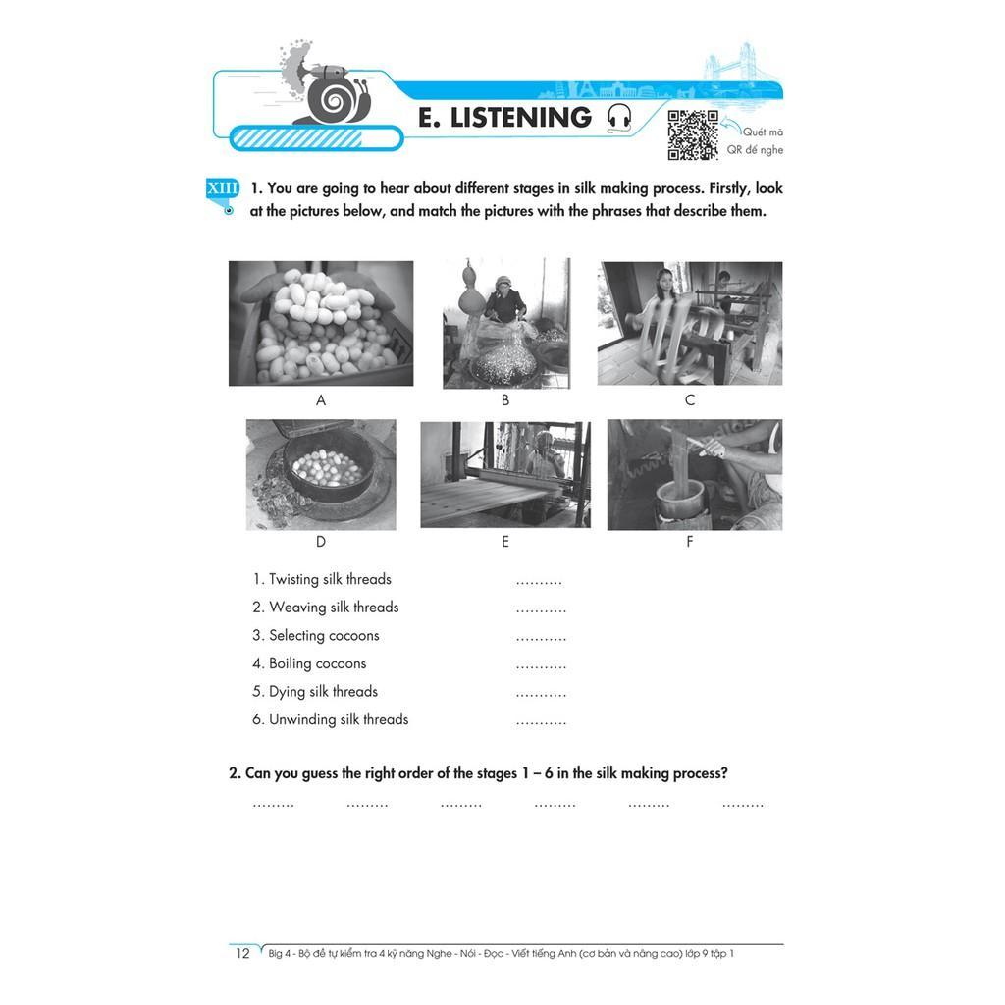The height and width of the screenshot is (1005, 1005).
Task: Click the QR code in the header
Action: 693,134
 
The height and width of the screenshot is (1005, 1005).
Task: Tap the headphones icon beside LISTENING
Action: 619,119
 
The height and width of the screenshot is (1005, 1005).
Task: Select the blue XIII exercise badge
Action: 223,189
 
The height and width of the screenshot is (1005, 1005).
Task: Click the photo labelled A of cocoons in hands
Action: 321,323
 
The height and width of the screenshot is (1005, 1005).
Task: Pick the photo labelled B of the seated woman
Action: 506,323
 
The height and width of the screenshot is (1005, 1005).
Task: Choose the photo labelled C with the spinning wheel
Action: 690,323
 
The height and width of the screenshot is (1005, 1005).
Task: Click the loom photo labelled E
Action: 505,474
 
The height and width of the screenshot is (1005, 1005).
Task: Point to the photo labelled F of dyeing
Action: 695,474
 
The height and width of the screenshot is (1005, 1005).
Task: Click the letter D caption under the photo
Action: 321,542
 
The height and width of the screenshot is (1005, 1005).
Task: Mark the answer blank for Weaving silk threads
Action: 541,611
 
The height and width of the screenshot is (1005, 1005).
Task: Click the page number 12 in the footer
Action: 243,953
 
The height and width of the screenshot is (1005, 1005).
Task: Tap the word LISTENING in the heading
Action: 521,118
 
